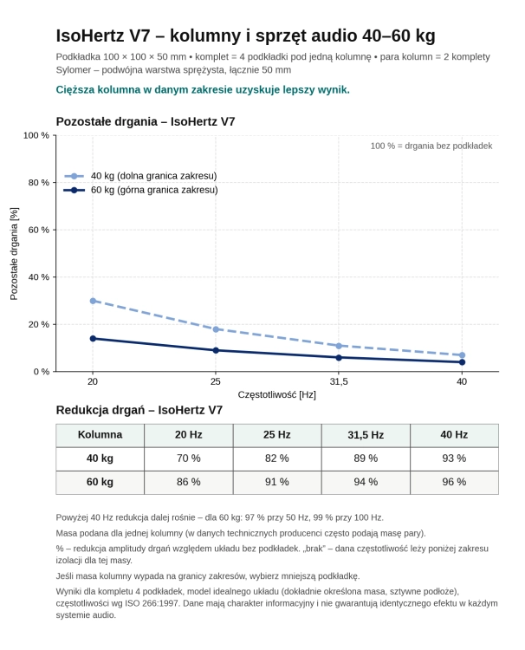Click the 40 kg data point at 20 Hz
[93, 301]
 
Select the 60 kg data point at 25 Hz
[216, 350]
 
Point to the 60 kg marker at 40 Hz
[462, 362]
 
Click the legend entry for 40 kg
[140, 176]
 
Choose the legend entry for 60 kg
[140, 190]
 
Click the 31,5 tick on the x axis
[339, 381]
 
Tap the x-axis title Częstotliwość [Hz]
[276, 394]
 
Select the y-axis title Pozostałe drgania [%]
[14, 254]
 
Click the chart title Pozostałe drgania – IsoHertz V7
[146, 121]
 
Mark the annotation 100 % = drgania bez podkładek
[431, 146]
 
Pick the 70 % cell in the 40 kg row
[189, 458]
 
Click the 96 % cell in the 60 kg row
[454, 482]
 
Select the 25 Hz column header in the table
[277, 435]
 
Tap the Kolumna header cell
[100, 435]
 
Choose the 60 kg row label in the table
[100, 482]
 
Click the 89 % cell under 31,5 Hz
[366, 458]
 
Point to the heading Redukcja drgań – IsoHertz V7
[139, 410]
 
